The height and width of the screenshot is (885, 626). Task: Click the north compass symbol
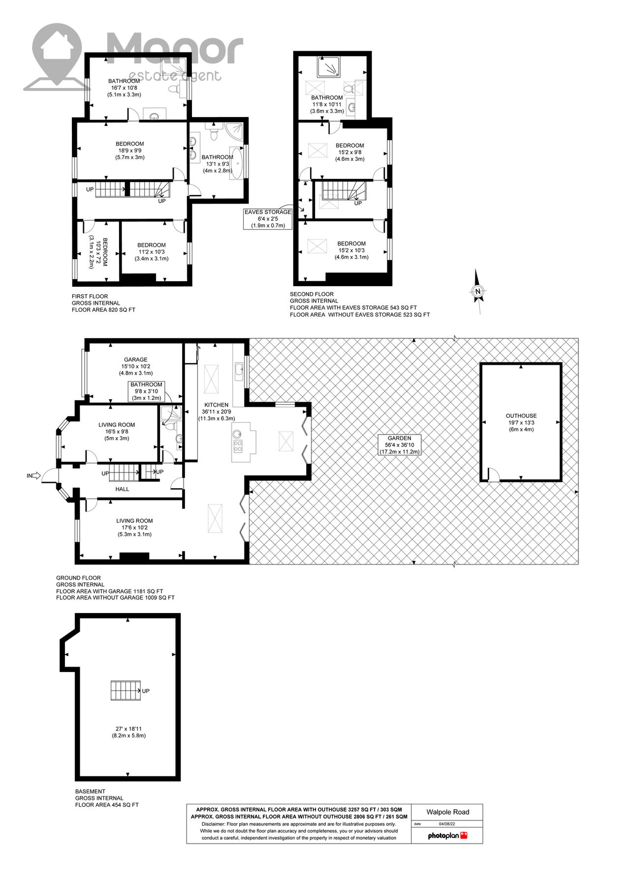pyautogui.click(x=477, y=291)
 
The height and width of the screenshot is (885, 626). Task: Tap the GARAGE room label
pyautogui.click(x=135, y=359)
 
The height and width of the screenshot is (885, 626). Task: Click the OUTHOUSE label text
pyautogui.click(x=521, y=415)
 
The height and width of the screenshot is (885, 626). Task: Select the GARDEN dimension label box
pyautogui.click(x=399, y=444)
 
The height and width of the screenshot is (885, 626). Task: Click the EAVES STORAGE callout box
pyautogui.click(x=268, y=219)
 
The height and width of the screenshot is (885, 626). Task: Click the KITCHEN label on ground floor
pyautogui.click(x=216, y=405)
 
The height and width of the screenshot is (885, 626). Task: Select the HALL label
pyautogui.click(x=122, y=489)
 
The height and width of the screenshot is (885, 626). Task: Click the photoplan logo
pyautogui.click(x=447, y=835)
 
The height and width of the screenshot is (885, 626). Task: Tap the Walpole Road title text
pyautogui.click(x=447, y=812)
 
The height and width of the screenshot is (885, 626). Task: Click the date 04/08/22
pyautogui.click(x=447, y=824)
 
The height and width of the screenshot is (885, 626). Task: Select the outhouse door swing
pyautogui.click(x=493, y=474)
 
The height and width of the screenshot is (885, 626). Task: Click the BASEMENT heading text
pyautogui.click(x=90, y=791)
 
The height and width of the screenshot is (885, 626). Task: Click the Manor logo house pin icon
pyautogui.click(x=56, y=49)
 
